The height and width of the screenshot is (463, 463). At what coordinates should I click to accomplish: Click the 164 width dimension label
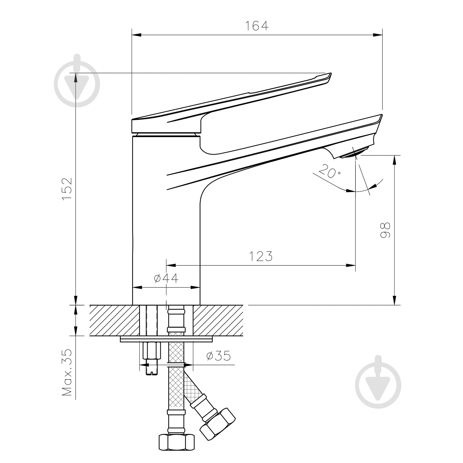tap(257, 26)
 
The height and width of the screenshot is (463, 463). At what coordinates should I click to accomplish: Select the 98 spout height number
tap(385, 230)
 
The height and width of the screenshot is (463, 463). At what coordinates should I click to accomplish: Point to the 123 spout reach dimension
tap(261, 256)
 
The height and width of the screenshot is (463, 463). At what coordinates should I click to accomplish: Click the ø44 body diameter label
tap(166, 278)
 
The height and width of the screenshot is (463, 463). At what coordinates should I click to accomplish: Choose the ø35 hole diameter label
tap(219, 356)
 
